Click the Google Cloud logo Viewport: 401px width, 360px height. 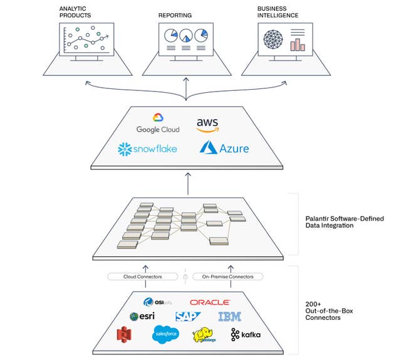157,123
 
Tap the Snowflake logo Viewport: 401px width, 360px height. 148,149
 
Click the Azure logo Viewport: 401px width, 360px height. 224,148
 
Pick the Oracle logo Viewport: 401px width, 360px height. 210,302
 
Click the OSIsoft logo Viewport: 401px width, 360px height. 154,302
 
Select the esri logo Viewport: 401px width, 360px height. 142,317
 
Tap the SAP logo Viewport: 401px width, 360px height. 187,317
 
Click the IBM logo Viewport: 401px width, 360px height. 229,317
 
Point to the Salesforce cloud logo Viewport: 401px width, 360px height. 165,335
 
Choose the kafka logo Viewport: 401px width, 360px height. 245,335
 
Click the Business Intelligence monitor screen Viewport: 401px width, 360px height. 285,39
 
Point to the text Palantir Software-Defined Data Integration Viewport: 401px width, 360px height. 340,222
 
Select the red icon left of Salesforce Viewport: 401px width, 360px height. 123,335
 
